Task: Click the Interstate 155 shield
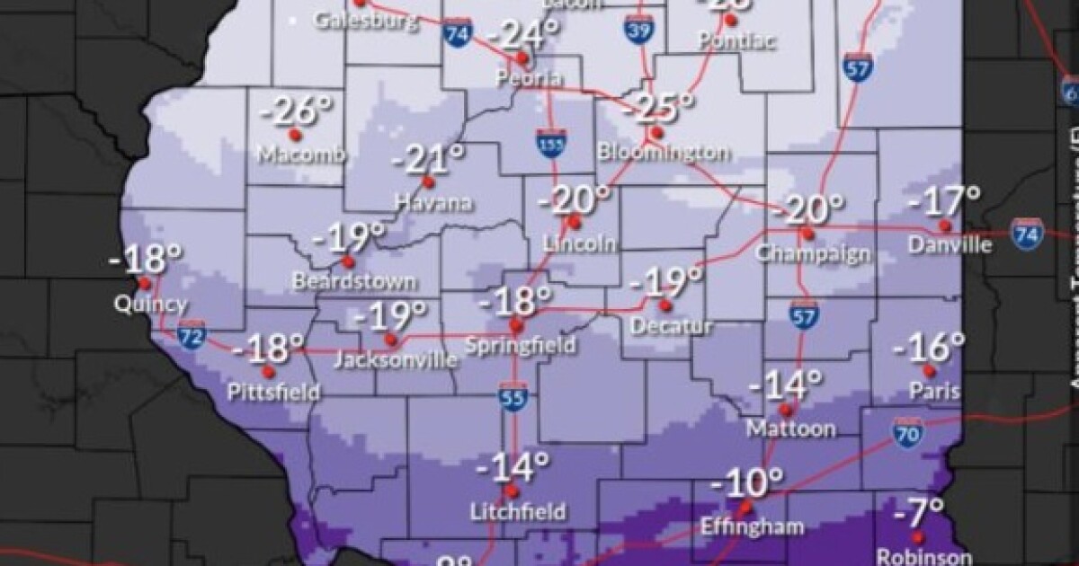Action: tap(546, 145)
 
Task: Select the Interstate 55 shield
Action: tap(513, 398)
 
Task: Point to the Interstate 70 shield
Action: tap(908, 434)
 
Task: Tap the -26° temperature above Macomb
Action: tap(296, 112)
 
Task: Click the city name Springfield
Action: tap(522, 345)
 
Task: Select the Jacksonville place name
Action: tap(395, 360)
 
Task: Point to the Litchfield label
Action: tap(519, 512)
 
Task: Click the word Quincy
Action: tap(151, 304)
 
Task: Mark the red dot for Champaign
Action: tap(807, 234)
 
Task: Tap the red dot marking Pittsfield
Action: tap(268, 370)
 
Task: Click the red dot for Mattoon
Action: tap(784, 410)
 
